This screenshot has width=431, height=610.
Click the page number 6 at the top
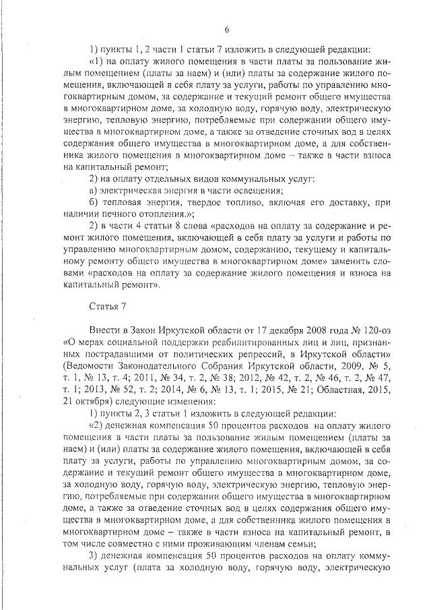227,30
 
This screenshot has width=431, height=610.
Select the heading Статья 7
108,307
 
